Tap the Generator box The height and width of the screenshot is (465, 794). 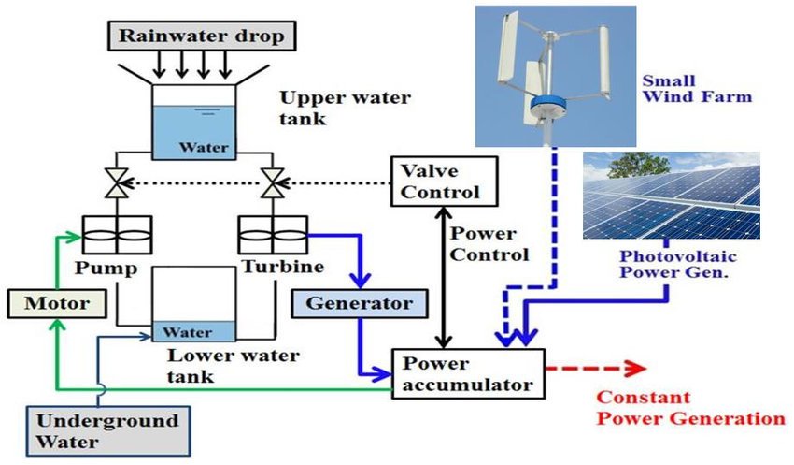click(351, 303)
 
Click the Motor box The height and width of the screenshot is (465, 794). click(56, 303)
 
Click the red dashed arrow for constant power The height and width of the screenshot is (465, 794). click(593, 368)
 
